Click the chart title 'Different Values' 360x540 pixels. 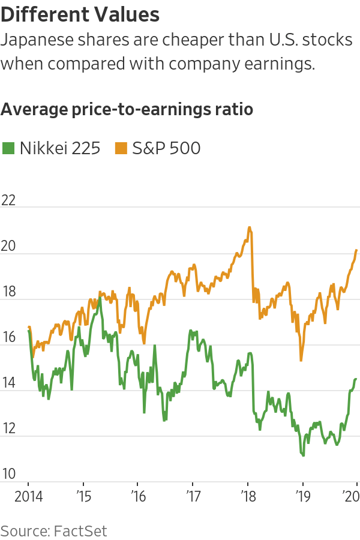tap(80, 14)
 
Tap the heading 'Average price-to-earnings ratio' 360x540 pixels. tap(127, 110)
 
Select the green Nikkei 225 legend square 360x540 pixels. tap(8, 148)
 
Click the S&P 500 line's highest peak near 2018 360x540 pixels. tap(249, 227)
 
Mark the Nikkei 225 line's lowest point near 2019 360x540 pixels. tap(303, 455)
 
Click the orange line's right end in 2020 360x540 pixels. tap(357, 250)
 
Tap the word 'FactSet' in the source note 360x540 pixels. tap(81, 530)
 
